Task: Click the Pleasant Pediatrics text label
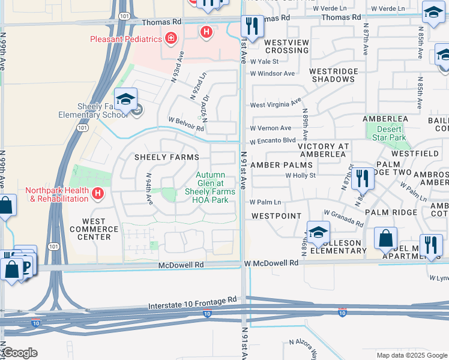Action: pos(126,39)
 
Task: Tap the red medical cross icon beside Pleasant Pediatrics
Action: pos(171,39)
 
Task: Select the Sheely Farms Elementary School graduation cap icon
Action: pos(126,99)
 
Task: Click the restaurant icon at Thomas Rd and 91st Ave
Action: pos(251,26)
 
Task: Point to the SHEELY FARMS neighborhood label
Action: pos(166,157)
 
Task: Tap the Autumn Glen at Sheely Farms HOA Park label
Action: pos(210,187)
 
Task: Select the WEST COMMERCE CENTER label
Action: pos(90,229)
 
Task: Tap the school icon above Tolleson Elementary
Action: pos(318,232)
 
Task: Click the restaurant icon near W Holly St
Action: pos(362,178)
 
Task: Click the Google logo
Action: pos(19,353)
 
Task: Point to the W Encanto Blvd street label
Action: pos(273,140)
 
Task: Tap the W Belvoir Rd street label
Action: pos(187,123)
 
